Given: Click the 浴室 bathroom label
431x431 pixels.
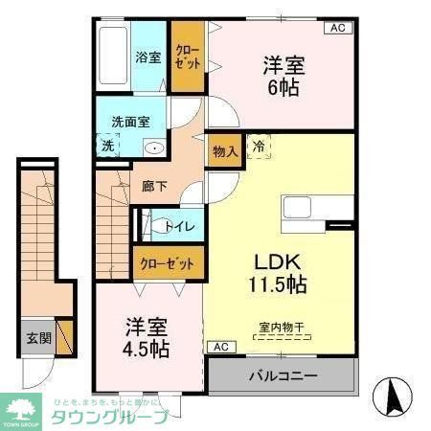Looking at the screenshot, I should (147, 56).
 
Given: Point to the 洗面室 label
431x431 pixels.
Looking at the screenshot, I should (130, 123).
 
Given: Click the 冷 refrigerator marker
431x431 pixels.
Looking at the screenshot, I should (258, 147).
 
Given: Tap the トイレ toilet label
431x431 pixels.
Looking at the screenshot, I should (180, 227).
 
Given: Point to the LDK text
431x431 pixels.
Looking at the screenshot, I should (280, 260).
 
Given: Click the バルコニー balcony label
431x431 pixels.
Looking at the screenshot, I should (284, 374).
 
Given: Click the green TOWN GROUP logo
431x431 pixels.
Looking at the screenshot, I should (26, 407).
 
